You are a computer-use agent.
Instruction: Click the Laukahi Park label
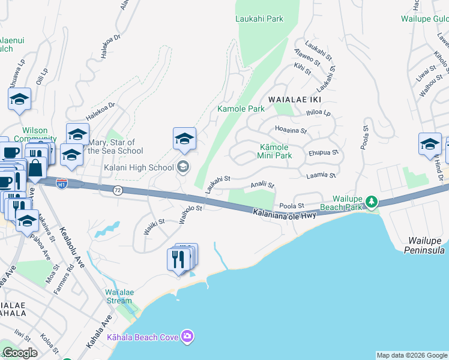[259, 19]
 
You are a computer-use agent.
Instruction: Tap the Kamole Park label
[241, 109]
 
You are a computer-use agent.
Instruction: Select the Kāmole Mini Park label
[275, 151]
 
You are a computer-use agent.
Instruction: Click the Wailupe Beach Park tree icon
[372, 201]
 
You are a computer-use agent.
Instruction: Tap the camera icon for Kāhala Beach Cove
[187, 337]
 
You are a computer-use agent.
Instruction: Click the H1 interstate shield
[62, 184]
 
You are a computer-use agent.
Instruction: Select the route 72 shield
[117, 190]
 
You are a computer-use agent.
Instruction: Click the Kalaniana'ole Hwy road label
[284, 214]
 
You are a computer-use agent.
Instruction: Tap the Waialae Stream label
[118, 296]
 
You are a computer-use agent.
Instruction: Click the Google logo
[20, 353]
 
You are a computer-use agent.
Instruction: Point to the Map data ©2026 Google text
[412, 355]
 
